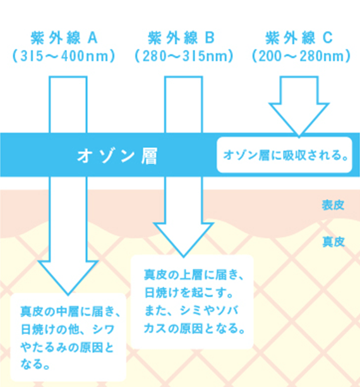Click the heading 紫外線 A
(x=64, y=38)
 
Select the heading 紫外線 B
(x=181, y=38)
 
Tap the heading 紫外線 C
(x=299, y=38)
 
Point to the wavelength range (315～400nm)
(x=64, y=56)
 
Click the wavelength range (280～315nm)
(x=184, y=56)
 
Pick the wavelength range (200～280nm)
(x=301, y=56)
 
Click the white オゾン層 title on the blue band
(x=117, y=156)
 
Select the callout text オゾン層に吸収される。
(x=285, y=156)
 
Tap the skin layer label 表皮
(x=333, y=205)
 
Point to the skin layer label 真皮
(x=333, y=242)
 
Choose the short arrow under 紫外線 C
(x=299, y=107)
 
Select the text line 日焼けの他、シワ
(x=68, y=329)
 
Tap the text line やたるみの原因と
(x=68, y=348)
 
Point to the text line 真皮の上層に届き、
(x=194, y=274)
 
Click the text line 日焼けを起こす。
(x=189, y=293)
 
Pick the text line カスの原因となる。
(x=195, y=328)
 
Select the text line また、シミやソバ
(x=191, y=310)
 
